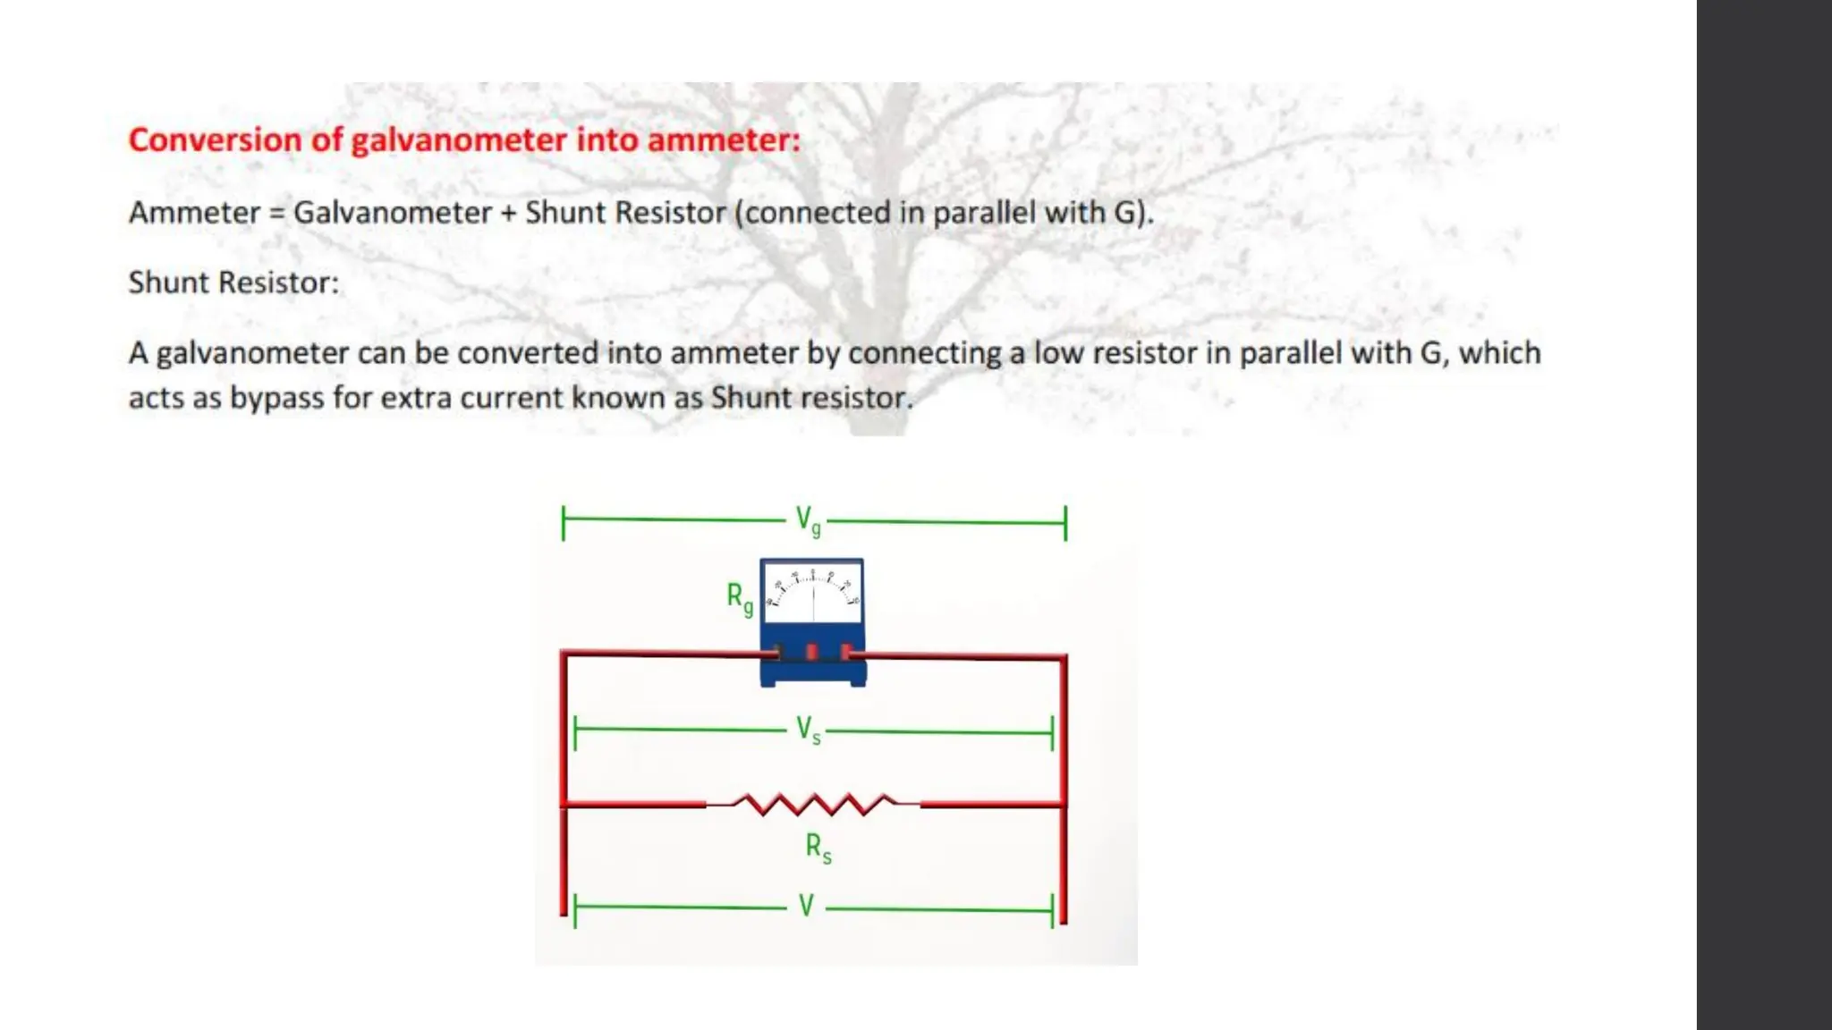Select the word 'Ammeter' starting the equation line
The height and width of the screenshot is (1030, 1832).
tap(194, 213)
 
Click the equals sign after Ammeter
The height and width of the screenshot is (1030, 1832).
tap(276, 214)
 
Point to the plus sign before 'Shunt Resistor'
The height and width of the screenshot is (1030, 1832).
tap(508, 214)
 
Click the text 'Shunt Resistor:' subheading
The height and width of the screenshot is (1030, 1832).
tap(233, 283)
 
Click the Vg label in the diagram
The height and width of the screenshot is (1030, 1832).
tap(808, 520)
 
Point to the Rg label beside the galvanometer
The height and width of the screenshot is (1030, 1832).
tap(739, 597)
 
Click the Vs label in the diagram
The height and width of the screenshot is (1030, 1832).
tap(808, 730)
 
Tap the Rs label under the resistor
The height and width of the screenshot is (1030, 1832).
tap(818, 848)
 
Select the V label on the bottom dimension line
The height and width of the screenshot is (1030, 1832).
tap(806, 907)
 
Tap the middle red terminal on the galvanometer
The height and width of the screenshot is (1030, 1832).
tap(811, 652)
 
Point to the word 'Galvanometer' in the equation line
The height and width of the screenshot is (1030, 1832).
tap(393, 213)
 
